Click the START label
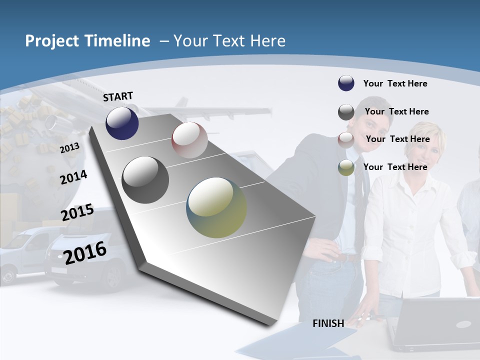118,96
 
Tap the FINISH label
328,323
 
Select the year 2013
69,147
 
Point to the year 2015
77,212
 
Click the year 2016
85,252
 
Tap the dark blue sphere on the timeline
122,123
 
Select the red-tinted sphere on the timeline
189,140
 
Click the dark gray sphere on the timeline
145,180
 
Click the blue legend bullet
346,83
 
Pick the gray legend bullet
346,111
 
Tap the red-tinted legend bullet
346,139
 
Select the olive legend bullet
346,167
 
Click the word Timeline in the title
118,41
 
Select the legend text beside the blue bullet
395,83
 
